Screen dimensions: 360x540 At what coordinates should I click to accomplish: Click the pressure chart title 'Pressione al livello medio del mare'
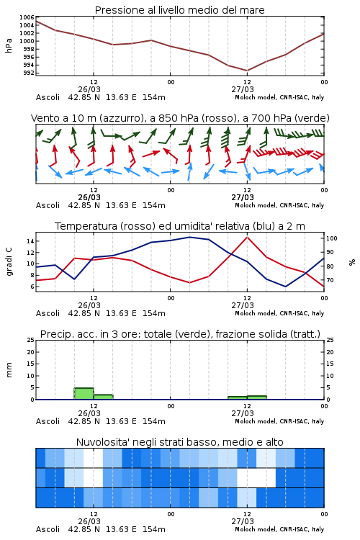179,10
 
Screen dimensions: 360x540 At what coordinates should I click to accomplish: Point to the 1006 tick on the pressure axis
27,17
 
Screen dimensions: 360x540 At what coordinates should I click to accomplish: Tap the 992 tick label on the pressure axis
29,73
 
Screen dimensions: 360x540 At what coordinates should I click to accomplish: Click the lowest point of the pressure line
247,71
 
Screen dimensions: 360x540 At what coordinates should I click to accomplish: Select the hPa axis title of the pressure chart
9,46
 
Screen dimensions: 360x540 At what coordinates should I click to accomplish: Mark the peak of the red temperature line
247,237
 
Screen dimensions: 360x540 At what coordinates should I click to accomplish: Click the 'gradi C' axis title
9,262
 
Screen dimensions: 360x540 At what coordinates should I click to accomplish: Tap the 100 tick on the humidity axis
332,238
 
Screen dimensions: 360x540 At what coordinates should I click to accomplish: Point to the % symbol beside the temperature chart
352,262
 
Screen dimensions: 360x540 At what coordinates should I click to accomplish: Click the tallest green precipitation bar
84,394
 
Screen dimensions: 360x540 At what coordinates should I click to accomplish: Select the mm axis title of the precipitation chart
9,370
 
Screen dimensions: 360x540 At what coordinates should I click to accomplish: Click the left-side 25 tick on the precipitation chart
31,340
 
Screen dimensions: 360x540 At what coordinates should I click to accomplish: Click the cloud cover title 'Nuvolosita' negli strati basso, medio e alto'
179,442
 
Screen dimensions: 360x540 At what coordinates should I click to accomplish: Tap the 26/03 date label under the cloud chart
89,521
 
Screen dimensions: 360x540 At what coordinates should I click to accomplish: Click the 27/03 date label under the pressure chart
243,89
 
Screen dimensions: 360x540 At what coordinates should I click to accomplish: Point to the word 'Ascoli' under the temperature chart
48,313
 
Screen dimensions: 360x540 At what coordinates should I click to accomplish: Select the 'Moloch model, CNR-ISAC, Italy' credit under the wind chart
279,205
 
